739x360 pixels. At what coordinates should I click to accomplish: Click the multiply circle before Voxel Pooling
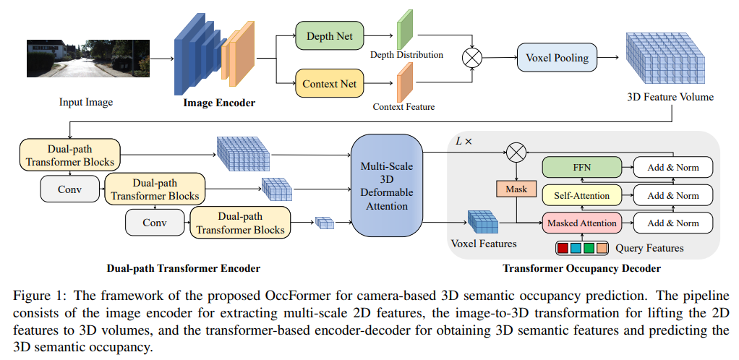click(472, 57)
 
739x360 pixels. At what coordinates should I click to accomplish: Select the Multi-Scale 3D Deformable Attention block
click(387, 186)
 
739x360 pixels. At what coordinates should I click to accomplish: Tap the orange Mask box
click(516, 189)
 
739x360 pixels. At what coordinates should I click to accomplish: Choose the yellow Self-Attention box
click(581, 196)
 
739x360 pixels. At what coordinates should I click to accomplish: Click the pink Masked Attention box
click(581, 223)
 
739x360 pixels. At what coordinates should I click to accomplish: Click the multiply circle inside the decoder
click(516, 153)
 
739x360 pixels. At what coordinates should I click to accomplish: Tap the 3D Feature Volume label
click(670, 97)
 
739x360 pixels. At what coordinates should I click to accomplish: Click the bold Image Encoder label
click(219, 103)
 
